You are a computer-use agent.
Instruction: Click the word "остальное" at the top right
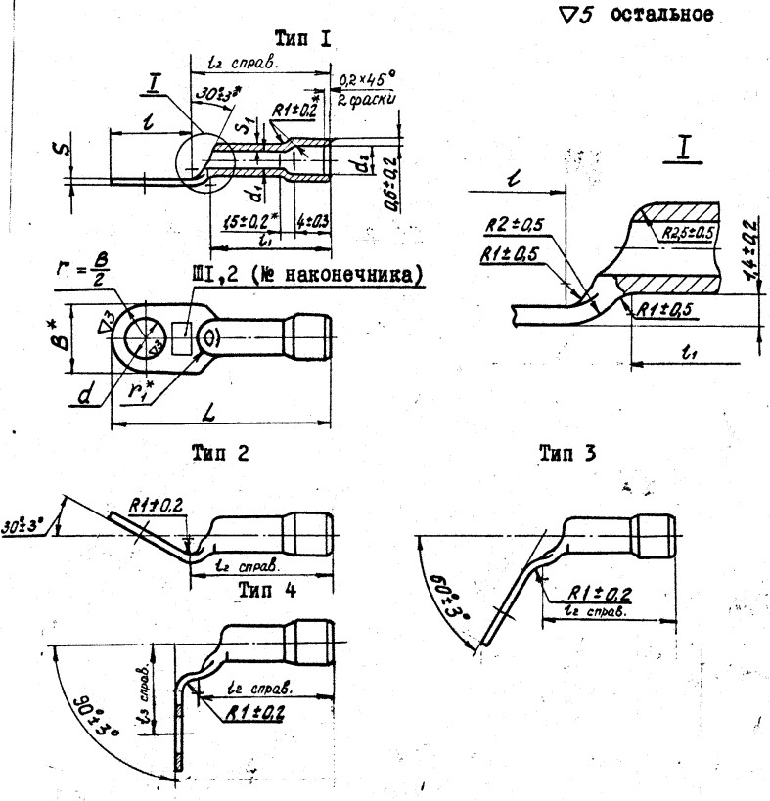pos(665,17)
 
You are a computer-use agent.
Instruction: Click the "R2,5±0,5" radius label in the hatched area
pos(686,235)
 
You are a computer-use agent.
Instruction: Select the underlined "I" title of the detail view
pos(683,147)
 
